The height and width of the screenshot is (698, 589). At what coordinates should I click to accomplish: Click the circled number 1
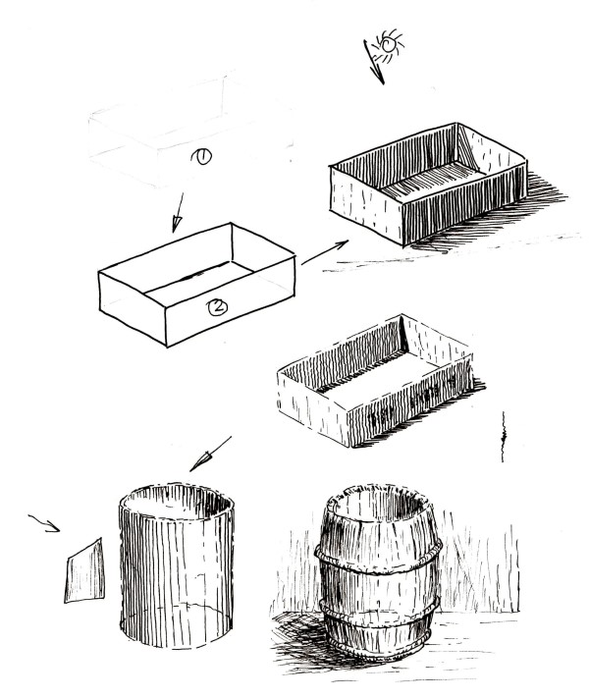201,155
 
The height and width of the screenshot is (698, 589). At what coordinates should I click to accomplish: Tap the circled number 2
217,306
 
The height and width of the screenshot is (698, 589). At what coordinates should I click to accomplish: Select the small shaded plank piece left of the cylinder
84,571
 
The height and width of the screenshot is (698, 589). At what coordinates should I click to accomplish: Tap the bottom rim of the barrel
378,648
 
